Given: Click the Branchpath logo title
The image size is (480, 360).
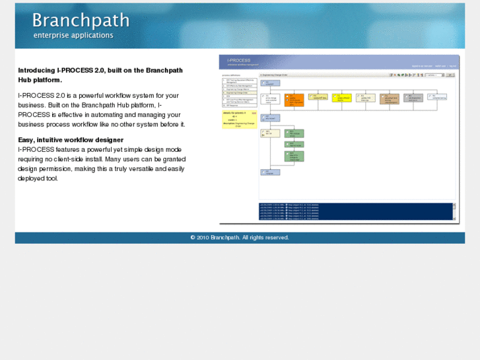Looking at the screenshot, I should click(81, 20).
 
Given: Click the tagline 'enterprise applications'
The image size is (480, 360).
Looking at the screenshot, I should click(73, 36).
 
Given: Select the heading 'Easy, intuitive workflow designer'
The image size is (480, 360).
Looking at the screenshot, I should click(71, 139).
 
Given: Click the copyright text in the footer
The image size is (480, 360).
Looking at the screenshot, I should click(240, 237).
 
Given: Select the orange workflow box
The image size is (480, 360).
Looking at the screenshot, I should click(294, 100).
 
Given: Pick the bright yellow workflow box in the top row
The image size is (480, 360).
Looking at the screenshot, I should click(342, 98).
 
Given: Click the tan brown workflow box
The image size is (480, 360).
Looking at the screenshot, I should click(389, 98).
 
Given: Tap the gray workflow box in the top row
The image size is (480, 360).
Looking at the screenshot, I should click(413, 98).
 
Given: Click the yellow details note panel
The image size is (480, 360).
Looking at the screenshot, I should click(239, 119).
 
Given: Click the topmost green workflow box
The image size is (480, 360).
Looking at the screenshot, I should click(294, 133).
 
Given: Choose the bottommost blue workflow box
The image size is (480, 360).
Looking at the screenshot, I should click(271, 172).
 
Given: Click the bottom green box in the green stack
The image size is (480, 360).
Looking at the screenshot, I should click(294, 156).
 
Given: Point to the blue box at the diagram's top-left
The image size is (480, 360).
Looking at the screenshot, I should click(271, 83).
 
